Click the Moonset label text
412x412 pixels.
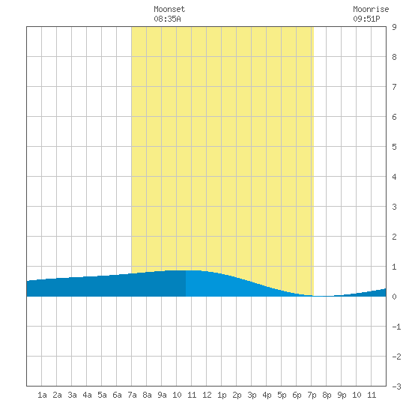pyautogui.click(x=169, y=9)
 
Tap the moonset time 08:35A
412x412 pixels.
pyautogui.click(x=167, y=19)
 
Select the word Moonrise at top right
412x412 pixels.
pyautogui.click(x=371, y=9)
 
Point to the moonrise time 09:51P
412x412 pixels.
pyautogui.click(x=366, y=19)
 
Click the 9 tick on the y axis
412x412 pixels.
pyautogui.click(x=394, y=27)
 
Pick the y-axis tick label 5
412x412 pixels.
pyautogui.click(x=394, y=147)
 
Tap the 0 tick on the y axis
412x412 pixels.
pyautogui.click(x=394, y=297)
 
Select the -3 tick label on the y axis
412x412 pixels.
pyautogui.click(x=396, y=387)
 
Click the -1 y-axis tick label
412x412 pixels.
pyautogui.click(x=396, y=327)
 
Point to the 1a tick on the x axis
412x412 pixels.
pyautogui.click(x=42, y=395)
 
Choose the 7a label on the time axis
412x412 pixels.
pyautogui.click(x=132, y=395)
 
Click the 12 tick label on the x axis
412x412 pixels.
pyautogui.click(x=207, y=395)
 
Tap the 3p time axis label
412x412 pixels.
pyautogui.click(x=252, y=395)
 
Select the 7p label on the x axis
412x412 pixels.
pyautogui.click(x=312, y=395)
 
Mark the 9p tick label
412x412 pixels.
pyautogui.click(x=342, y=395)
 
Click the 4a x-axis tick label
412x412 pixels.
pyautogui.click(x=87, y=395)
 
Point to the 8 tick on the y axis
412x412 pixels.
pyautogui.click(x=394, y=57)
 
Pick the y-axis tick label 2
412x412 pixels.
pyautogui.click(x=394, y=237)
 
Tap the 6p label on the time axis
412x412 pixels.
pyautogui.click(x=297, y=395)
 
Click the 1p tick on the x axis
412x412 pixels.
pyautogui.click(x=222, y=395)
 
